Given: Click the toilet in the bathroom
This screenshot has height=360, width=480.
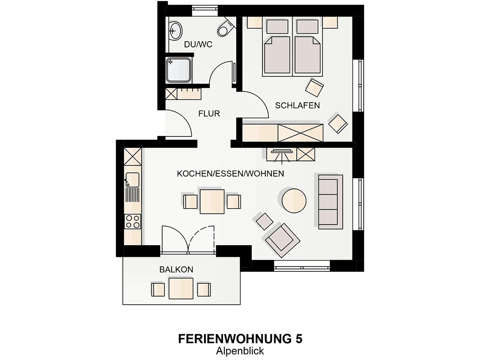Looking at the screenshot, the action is click(226, 27).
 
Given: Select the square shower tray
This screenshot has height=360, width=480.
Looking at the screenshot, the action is click(179, 70).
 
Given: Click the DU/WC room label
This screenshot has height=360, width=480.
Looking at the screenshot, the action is click(198, 45).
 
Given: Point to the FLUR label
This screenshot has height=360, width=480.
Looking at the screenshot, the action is click(209, 113).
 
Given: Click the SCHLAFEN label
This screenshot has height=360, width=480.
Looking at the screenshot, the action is click(297, 105).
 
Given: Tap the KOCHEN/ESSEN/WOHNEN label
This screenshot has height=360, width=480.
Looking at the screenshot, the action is click(231, 173).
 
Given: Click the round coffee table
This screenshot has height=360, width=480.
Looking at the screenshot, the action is click(294, 201).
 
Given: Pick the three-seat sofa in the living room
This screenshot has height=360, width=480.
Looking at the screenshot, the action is click(330, 202).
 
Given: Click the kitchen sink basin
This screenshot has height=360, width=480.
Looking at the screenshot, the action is click(132, 180).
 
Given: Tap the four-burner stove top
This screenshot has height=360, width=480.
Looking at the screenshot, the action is click(133, 222).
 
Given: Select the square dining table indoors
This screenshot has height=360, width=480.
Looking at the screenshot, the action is click(212, 202).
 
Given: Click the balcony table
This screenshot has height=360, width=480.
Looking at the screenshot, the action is click(181, 288).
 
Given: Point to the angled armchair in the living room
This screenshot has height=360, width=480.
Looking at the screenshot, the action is click(282, 240).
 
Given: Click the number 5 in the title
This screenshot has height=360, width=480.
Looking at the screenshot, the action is click(299, 339).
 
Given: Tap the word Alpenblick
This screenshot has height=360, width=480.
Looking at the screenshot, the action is click(240, 351).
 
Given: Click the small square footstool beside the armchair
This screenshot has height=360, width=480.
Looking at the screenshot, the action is click(264, 221).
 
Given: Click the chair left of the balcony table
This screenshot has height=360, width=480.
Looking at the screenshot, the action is click(158, 290).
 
